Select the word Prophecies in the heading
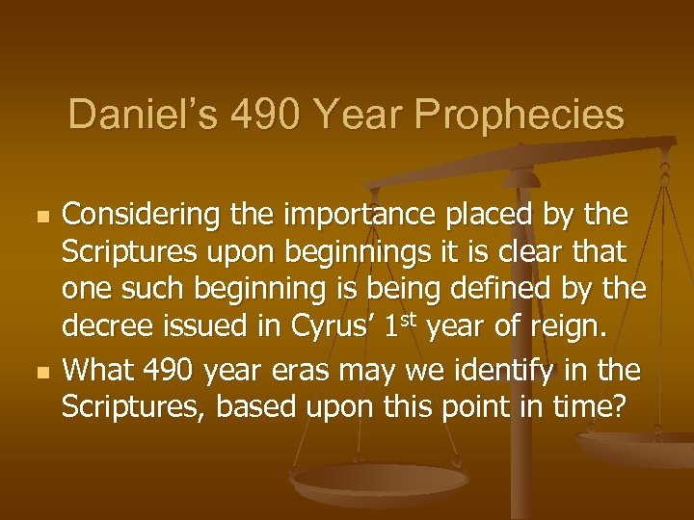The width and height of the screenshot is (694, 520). click(521, 116)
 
